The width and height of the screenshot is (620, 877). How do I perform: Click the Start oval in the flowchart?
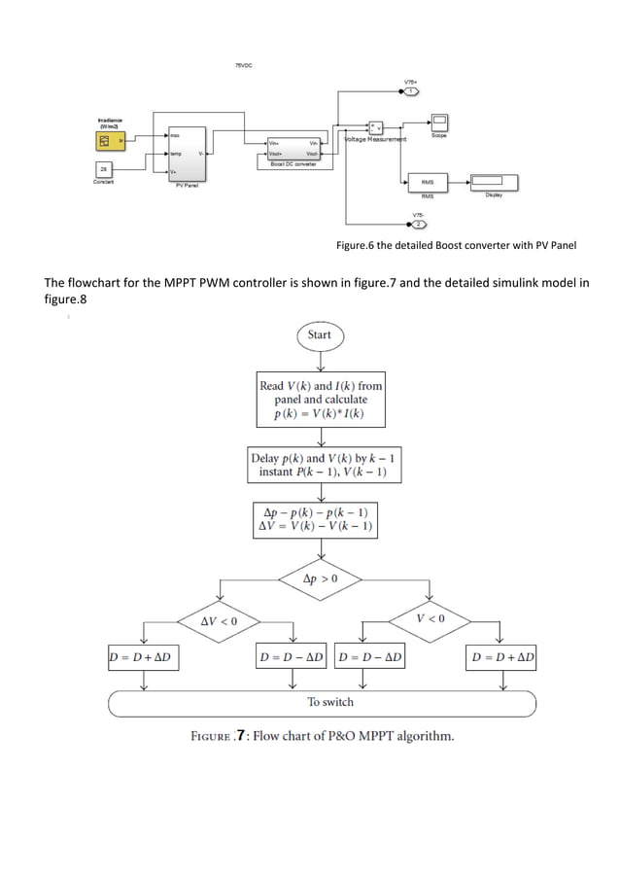pyautogui.click(x=320, y=334)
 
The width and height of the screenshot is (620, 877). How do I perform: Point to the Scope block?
pyautogui.click(x=439, y=122)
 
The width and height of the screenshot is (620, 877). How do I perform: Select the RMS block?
pyautogui.click(x=427, y=182)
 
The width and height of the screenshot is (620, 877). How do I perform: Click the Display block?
pyautogui.click(x=495, y=182)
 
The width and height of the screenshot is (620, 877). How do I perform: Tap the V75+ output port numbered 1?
pyautogui.click(x=411, y=91)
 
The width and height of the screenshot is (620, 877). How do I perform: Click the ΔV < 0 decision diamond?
pyautogui.click(x=219, y=619)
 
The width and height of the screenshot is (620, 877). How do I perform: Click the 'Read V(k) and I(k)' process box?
pyautogui.click(x=320, y=400)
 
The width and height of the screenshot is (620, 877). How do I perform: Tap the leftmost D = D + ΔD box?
pyautogui.click(x=145, y=658)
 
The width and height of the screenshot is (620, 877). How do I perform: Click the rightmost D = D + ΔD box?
pyautogui.click(x=502, y=658)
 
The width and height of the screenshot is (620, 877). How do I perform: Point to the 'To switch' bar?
pyautogui.click(x=321, y=701)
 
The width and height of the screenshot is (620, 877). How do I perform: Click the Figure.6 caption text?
pyautogui.click(x=456, y=246)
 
